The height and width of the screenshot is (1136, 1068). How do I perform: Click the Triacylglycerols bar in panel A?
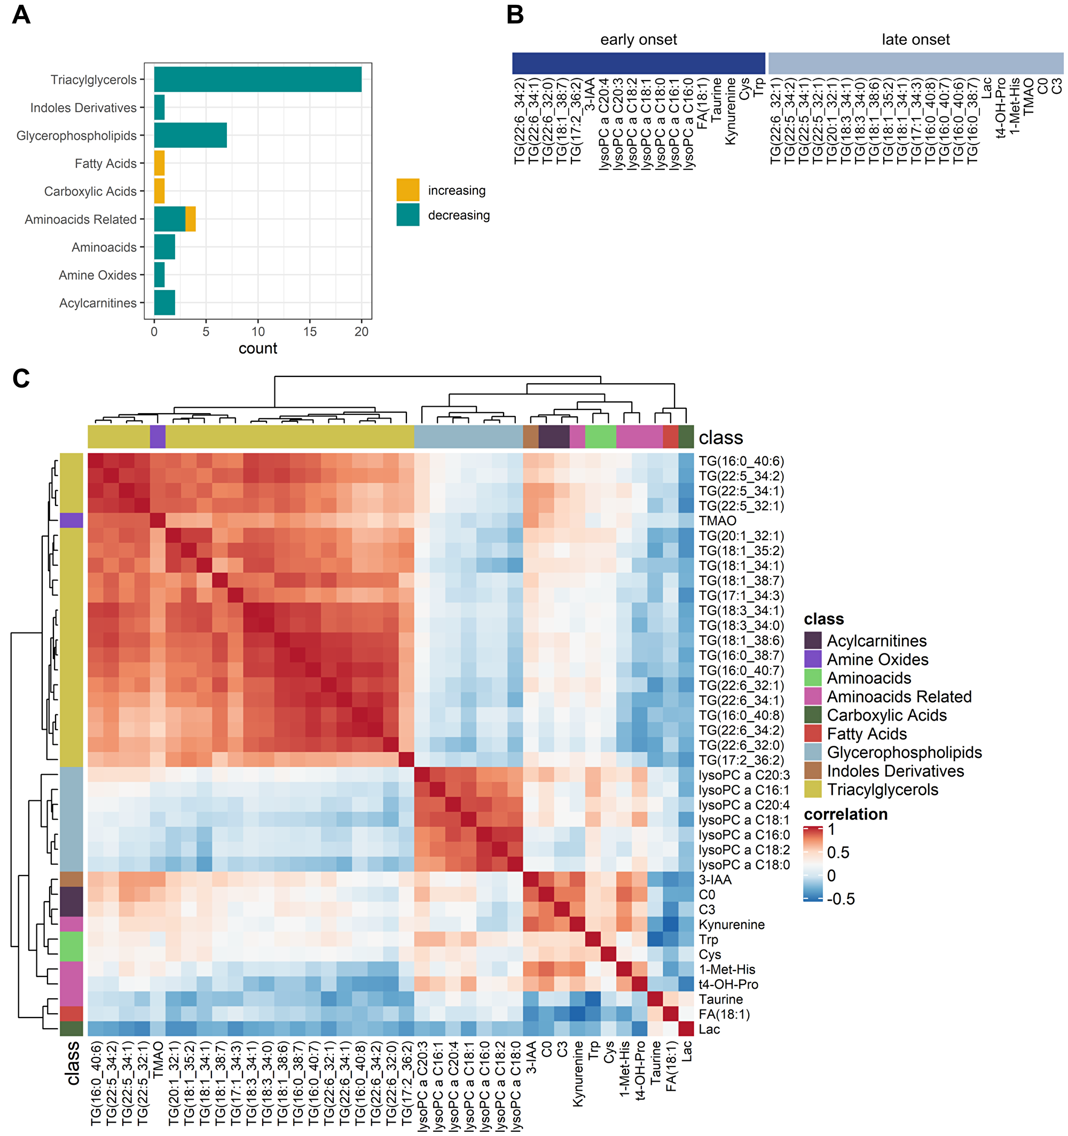257,80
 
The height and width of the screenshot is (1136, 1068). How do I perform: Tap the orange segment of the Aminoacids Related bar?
191,219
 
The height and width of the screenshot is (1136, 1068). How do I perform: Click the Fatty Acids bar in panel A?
159,163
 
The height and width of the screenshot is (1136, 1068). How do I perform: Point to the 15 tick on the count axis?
310,332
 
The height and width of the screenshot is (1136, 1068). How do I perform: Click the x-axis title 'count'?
258,349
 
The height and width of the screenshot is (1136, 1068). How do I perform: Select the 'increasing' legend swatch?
407,190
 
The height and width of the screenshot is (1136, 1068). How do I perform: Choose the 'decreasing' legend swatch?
407,216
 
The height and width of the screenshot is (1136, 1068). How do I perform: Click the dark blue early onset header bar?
638,64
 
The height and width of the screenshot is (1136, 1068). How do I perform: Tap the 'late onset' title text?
915,40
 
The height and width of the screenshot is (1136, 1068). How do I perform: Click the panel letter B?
515,15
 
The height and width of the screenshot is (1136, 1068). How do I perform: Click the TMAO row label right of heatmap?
717,520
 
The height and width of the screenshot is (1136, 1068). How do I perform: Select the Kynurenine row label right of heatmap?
731,924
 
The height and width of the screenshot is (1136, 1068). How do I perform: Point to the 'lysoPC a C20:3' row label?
743,775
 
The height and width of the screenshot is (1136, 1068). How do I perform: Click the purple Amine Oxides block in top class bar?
157,437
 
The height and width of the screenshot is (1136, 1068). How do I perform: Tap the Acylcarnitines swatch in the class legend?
812,641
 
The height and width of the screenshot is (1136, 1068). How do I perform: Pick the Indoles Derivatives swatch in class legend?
812,771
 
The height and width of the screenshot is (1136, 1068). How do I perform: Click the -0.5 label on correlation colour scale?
841,899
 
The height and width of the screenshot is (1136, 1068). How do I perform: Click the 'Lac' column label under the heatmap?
687,1050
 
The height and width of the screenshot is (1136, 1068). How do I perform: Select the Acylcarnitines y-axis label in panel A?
98,303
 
